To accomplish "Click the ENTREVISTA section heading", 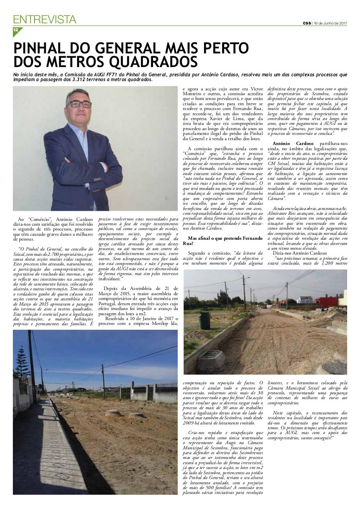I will (x=45, y=19).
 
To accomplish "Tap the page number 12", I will (x=16, y=30).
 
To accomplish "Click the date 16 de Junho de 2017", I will (x=330, y=23).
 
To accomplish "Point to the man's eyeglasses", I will (x=79, y=104).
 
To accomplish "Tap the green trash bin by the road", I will (x=204, y=320).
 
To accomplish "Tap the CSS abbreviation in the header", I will (x=307, y=23).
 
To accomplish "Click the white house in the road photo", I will (x=305, y=300).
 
